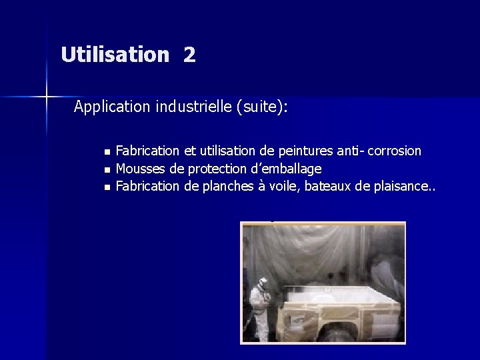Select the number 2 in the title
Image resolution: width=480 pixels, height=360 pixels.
click(x=189, y=55)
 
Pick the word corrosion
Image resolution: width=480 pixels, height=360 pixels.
click(x=393, y=151)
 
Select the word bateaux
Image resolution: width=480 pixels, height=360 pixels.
click(x=329, y=187)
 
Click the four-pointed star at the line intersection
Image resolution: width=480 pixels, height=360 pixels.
click(x=47, y=97)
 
